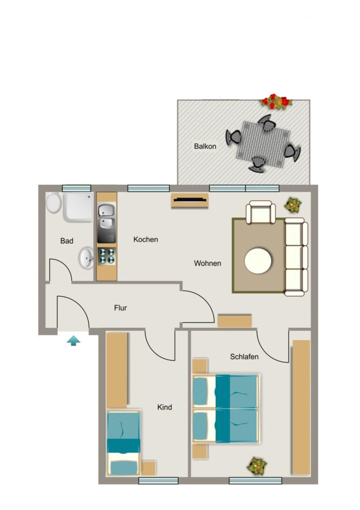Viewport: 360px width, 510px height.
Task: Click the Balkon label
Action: (x=205, y=146)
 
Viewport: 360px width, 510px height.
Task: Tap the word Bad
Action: (x=67, y=241)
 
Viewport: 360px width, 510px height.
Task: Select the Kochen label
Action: (x=146, y=240)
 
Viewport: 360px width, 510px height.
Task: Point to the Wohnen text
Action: (x=208, y=263)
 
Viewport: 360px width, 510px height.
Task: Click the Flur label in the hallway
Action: (x=120, y=308)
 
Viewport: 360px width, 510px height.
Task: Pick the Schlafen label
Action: (x=244, y=357)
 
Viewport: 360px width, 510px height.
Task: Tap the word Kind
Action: (x=164, y=407)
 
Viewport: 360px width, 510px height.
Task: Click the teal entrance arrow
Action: (x=74, y=341)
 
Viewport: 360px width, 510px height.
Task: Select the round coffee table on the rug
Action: (x=258, y=261)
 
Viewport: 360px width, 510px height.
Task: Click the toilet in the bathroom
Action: (x=54, y=202)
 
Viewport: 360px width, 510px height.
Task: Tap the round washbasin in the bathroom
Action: (x=86, y=258)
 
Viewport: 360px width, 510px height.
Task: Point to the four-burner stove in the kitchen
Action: (x=107, y=255)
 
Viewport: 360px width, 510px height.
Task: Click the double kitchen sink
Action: (x=107, y=219)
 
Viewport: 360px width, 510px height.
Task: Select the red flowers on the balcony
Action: (x=276, y=101)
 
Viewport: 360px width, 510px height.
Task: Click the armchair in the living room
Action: (x=261, y=212)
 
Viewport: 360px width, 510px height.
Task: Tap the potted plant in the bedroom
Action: (x=257, y=466)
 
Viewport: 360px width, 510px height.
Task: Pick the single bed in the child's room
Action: (x=124, y=443)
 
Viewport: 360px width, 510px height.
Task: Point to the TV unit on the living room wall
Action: (x=190, y=200)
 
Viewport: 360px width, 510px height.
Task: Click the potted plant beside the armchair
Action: (x=293, y=205)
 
